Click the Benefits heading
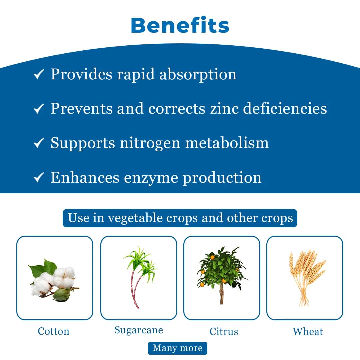[x=180, y=25]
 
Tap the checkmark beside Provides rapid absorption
[x=39, y=74]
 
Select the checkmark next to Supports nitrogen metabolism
[x=39, y=143]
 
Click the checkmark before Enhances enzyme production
[x=39, y=178]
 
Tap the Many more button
[x=177, y=348]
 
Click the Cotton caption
[x=53, y=331]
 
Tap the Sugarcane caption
[x=138, y=330]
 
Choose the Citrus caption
[x=224, y=332]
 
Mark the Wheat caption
[x=308, y=332]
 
